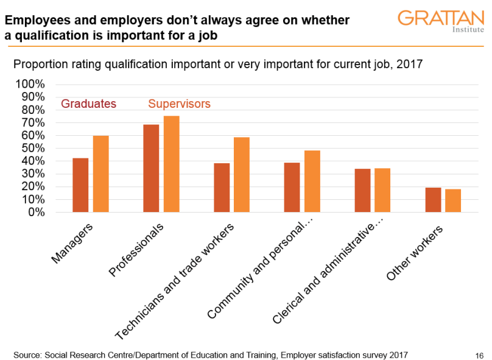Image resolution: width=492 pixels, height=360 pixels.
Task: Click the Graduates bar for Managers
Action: tap(80, 185)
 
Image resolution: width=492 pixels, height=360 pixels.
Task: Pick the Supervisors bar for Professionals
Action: tap(171, 164)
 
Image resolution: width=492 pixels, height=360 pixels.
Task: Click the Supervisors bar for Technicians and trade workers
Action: tap(242, 175)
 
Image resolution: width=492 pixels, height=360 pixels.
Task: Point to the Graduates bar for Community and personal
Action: tap(292, 187)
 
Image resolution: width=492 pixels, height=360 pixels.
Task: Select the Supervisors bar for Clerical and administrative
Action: tap(382, 190)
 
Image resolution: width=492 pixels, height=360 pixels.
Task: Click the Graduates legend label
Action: tap(89, 104)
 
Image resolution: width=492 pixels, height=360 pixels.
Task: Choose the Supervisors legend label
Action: tap(180, 104)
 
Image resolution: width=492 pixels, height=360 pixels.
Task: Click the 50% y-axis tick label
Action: tap(33, 148)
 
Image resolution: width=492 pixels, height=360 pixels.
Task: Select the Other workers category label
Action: tap(415, 253)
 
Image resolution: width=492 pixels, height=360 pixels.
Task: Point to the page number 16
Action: tap(479, 355)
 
